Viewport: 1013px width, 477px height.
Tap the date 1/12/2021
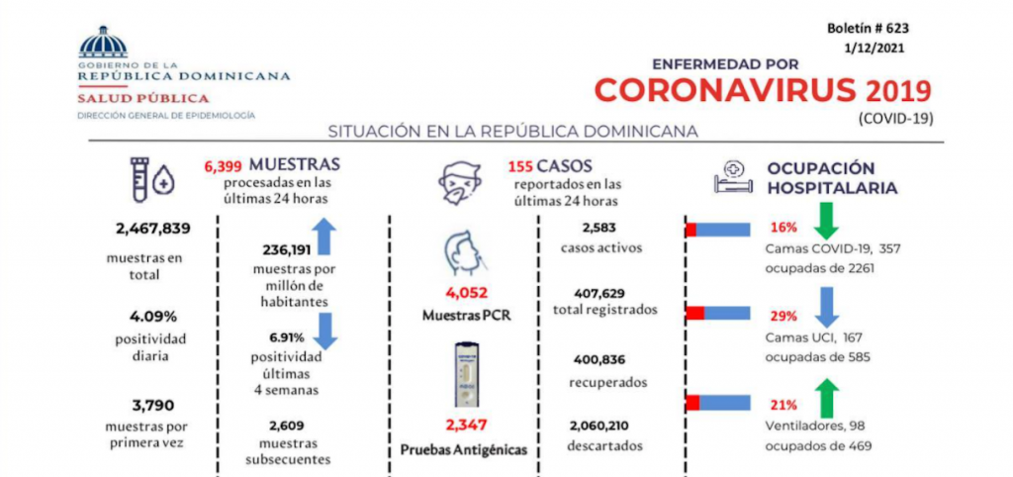coord(875,48)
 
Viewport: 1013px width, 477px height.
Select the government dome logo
coord(103,44)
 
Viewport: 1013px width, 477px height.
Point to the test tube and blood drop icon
coord(153,178)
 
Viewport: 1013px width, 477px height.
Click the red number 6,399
coord(223,166)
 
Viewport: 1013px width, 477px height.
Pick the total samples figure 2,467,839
coord(153,229)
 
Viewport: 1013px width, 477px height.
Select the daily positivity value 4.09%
coord(153,317)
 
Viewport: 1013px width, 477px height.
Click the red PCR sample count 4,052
coord(465,293)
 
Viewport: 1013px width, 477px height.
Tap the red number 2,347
coord(465,426)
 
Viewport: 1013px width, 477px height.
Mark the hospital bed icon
coord(733,176)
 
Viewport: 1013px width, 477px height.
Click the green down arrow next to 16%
coord(826,221)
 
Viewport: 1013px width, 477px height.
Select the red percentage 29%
coord(783,317)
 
